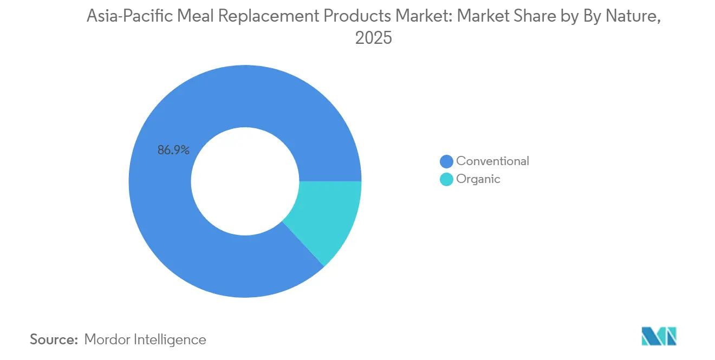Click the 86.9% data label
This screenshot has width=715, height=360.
click(x=173, y=150)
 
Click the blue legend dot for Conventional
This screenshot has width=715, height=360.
click(x=446, y=161)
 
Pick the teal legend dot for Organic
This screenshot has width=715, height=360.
click(x=446, y=180)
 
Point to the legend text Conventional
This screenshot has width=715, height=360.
click(x=492, y=161)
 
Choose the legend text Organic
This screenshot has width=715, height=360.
click(x=478, y=179)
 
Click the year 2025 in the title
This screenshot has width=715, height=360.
click(x=373, y=38)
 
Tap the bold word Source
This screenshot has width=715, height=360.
click(x=54, y=340)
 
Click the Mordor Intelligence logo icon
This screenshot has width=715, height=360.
click(x=659, y=336)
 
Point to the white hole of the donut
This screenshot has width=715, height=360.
click(x=245, y=181)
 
